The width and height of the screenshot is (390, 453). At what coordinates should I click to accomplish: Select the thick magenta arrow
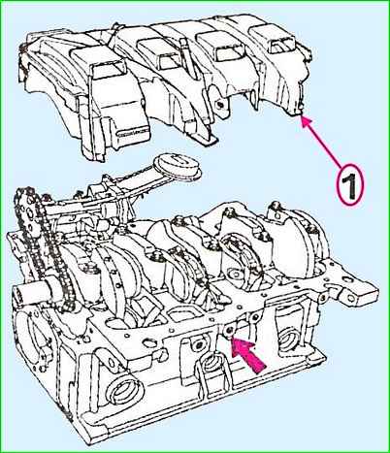(249, 354)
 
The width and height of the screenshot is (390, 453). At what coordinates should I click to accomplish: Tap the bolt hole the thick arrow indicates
(229, 331)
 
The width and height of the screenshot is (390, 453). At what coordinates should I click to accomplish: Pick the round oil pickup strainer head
(178, 167)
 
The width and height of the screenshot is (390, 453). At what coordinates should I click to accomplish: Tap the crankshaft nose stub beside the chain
(32, 293)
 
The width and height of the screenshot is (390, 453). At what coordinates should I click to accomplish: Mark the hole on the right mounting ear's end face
(351, 298)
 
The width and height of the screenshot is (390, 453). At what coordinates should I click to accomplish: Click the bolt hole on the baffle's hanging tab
(220, 106)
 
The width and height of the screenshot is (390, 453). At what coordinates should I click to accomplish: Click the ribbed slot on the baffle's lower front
(132, 133)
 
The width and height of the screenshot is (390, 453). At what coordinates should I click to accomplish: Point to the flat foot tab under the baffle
(206, 139)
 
